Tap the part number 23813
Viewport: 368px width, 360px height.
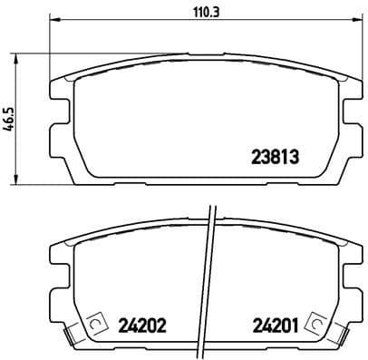click(274, 155)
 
